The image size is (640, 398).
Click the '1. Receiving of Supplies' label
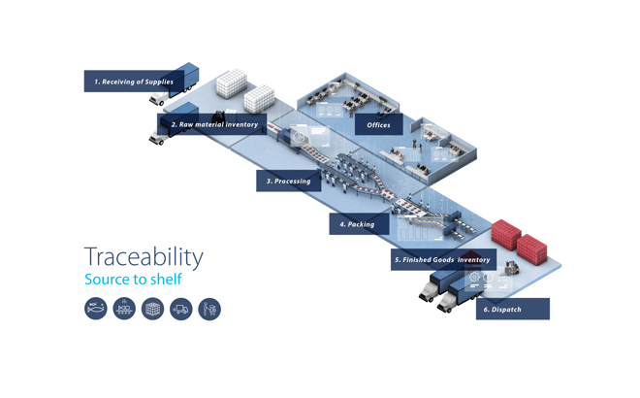point(133,82)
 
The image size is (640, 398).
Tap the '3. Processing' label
point(288,181)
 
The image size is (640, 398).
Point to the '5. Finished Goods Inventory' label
point(441,259)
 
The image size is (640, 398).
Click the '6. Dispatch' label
point(512,309)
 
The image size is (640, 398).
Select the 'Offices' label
point(378,125)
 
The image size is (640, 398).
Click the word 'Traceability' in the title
point(144,257)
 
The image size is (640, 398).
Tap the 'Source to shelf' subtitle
point(133,280)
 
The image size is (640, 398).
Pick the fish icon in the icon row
point(96,309)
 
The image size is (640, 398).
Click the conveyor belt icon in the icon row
point(124,309)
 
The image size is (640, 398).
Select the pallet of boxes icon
point(152,309)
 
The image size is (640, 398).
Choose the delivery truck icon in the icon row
point(180,309)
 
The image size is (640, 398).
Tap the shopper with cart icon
point(209,309)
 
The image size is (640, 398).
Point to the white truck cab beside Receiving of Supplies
point(157,99)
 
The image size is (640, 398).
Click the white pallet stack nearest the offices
point(259,96)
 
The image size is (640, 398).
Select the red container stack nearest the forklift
point(533,247)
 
